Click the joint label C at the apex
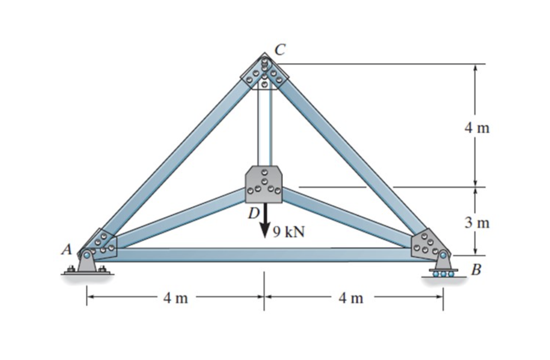point(279,50)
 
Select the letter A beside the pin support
point(67,249)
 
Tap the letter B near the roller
point(475,270)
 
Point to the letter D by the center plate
point(253,214)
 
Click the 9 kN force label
point(289,231)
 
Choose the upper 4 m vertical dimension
point(477,128)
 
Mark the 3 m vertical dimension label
point(477,223)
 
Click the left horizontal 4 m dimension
point(176,299)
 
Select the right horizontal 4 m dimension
point(351,299)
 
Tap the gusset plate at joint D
point(264,184)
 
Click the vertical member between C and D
point(264,128)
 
